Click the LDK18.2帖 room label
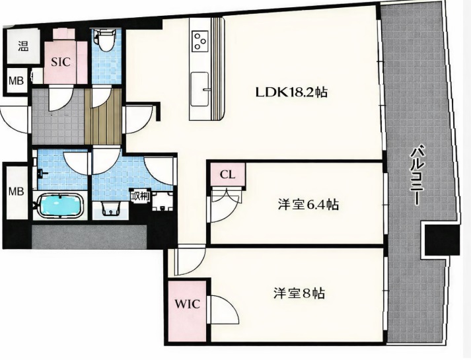[x=291, y=92]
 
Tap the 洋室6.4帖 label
[x=308, y=205]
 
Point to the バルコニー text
[x=418, y=175]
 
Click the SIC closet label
[x=60, y=62]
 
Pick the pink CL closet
[x=228, y=174]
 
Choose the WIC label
[x=187, y=304]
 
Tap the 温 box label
[x=23, y=46]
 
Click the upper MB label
[x=17, y=81]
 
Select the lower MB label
[x=17, y=192]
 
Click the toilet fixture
[x=105, y=40]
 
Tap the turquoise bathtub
[x=60, y=205]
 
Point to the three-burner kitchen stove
[x=199, y=41]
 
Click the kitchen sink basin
[x=199, y=89]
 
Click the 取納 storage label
[x=140, y=196]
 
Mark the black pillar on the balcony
[x=442, y=240]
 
